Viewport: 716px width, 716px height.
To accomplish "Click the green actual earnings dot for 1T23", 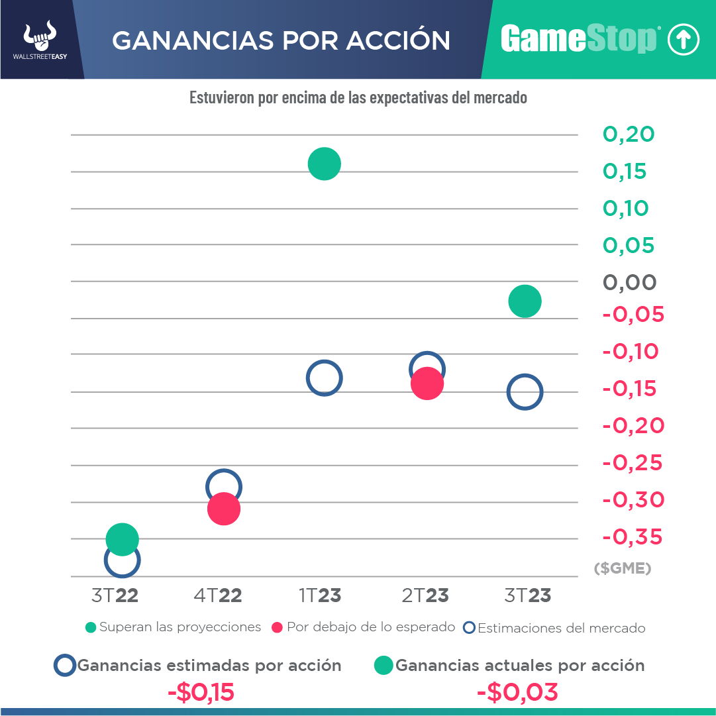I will point(324,164).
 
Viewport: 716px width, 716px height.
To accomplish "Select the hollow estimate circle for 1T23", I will point(324,379).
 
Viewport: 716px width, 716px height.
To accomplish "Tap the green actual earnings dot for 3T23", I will point(525,301).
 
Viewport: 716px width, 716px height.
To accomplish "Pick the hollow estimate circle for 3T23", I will point(525,392).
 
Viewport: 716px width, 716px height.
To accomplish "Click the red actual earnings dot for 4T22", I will point(223,509).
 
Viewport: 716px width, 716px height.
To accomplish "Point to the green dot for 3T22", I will point(122,538).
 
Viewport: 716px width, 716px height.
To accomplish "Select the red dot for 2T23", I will point(427,384).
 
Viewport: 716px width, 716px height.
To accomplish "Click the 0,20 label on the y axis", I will point(629,134).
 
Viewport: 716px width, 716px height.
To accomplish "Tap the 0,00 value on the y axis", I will point(629,283).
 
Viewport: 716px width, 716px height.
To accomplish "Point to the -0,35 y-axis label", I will point(633,537).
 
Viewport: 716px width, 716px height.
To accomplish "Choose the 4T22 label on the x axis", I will point(218,595).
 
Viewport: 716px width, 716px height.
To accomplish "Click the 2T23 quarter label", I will point(425,595).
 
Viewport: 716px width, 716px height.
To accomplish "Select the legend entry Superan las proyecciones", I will point(174,627).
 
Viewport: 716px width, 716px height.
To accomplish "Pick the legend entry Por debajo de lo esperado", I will point(364,627).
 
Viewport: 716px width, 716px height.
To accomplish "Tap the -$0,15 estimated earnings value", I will point(201,693).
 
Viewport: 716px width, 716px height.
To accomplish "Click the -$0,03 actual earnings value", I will point(518,693).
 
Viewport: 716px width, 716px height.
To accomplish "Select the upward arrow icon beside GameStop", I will point(683,40).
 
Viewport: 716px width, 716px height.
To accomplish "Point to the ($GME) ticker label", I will point(623,568).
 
